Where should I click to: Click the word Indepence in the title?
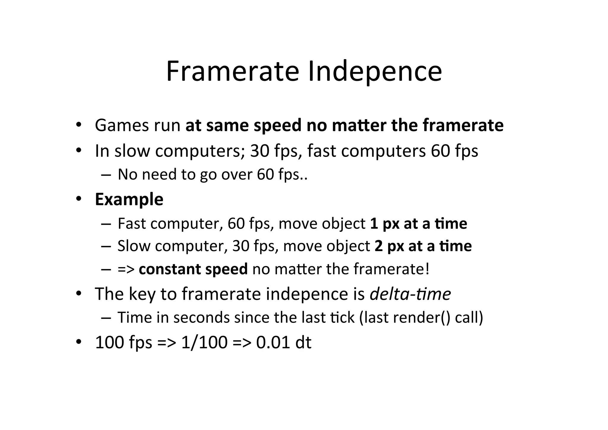pyautogui.click(x=375, y=72)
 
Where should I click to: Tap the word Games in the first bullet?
pyautogui.click(x=122, y=125)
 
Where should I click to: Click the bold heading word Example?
pyautogui.click(x=129, y=199)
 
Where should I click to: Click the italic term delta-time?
pyautogui.click(x=410, y=294)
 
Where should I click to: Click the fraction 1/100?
pyautogui.click(x=204, y=342)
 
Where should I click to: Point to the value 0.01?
pyautogui.click(x=273, y=342)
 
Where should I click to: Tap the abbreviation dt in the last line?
pyautogui.click(x=303, y=342)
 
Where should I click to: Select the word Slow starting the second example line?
pyautogui.click(x=134, y=246)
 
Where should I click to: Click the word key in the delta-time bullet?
pyautogui.click(x=142, y=294)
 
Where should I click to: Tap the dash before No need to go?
pyautogui.click(x=106, y=175)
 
